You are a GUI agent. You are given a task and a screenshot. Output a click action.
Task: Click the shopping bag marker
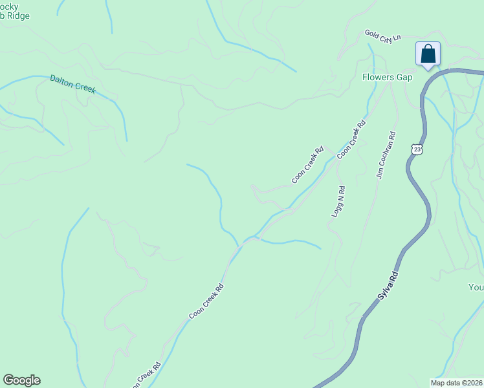428,54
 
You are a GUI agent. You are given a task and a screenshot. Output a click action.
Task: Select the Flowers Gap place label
387,77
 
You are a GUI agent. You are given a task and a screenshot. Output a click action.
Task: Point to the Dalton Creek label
72,84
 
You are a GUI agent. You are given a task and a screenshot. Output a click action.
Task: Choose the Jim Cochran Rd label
386,156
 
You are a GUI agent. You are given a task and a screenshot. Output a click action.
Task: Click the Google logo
21,380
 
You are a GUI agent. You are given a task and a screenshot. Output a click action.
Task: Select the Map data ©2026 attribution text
456,383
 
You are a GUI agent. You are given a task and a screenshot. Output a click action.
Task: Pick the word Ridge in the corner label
18,16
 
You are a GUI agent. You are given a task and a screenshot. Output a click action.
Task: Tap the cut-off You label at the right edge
476,286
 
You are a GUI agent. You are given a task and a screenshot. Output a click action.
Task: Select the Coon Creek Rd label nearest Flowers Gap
351,138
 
